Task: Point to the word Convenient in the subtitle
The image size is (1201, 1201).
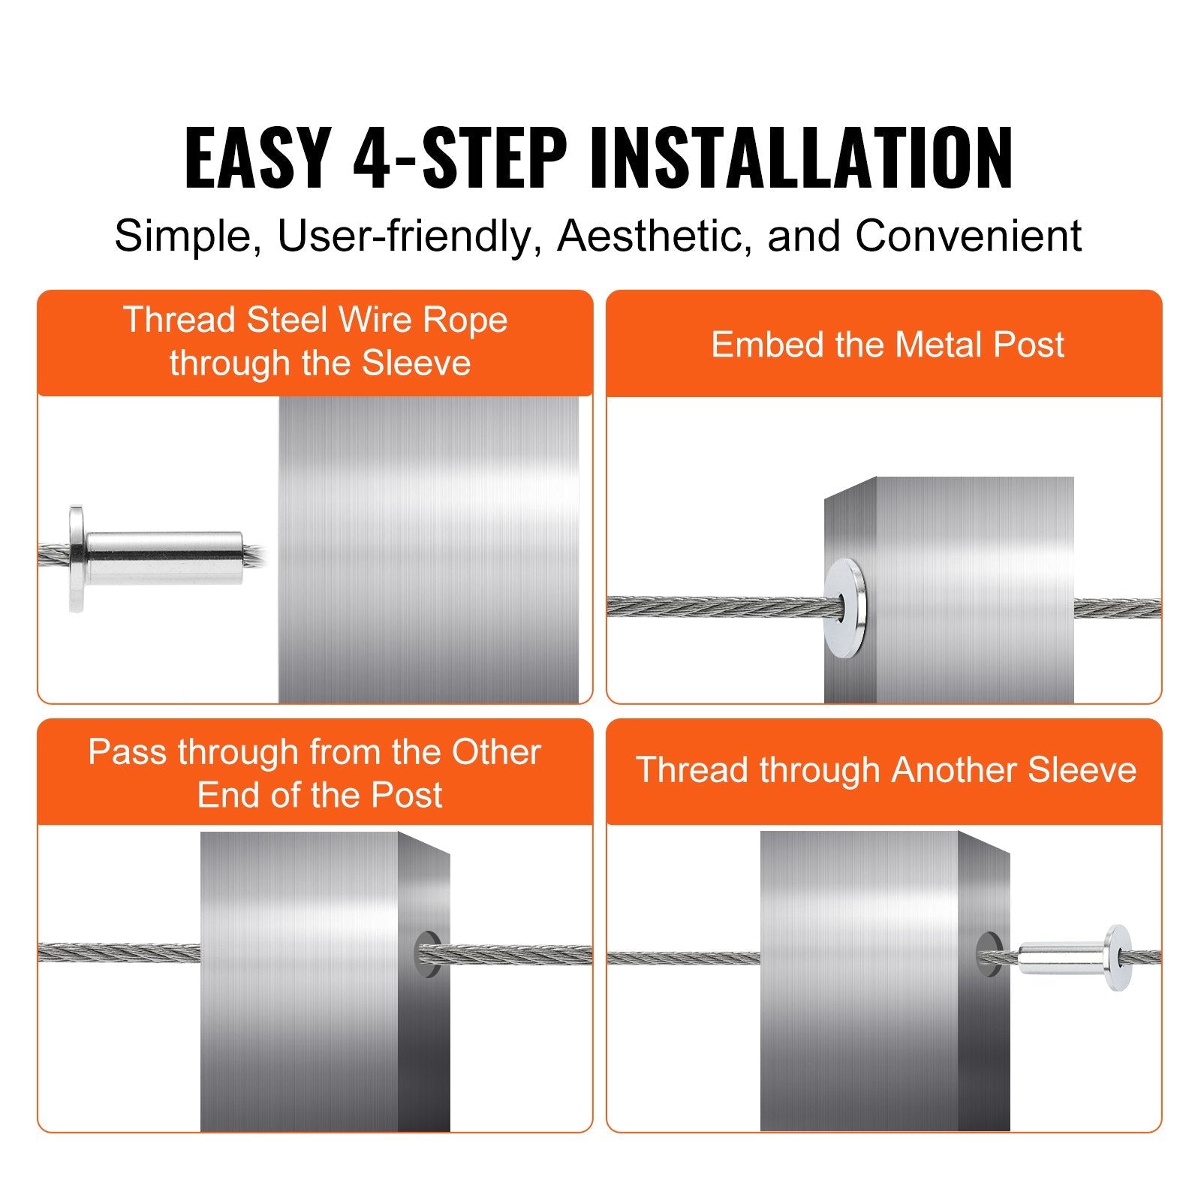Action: (x=968, y=236)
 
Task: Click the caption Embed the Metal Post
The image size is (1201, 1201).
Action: (x=887, y=345)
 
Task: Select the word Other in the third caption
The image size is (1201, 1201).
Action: (x=495, y=752)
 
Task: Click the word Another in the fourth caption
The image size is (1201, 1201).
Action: (x=956, y=770)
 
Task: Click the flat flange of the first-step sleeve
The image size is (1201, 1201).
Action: (x=76, y=558)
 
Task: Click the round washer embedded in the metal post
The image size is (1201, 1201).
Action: (x=845, y=608)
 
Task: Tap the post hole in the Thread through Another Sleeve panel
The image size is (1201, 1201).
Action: (x=988, y=954)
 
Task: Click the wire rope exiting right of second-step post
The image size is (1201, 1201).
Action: (x=1117, y=608)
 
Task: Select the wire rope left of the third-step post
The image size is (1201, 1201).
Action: (x=119, y=953)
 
